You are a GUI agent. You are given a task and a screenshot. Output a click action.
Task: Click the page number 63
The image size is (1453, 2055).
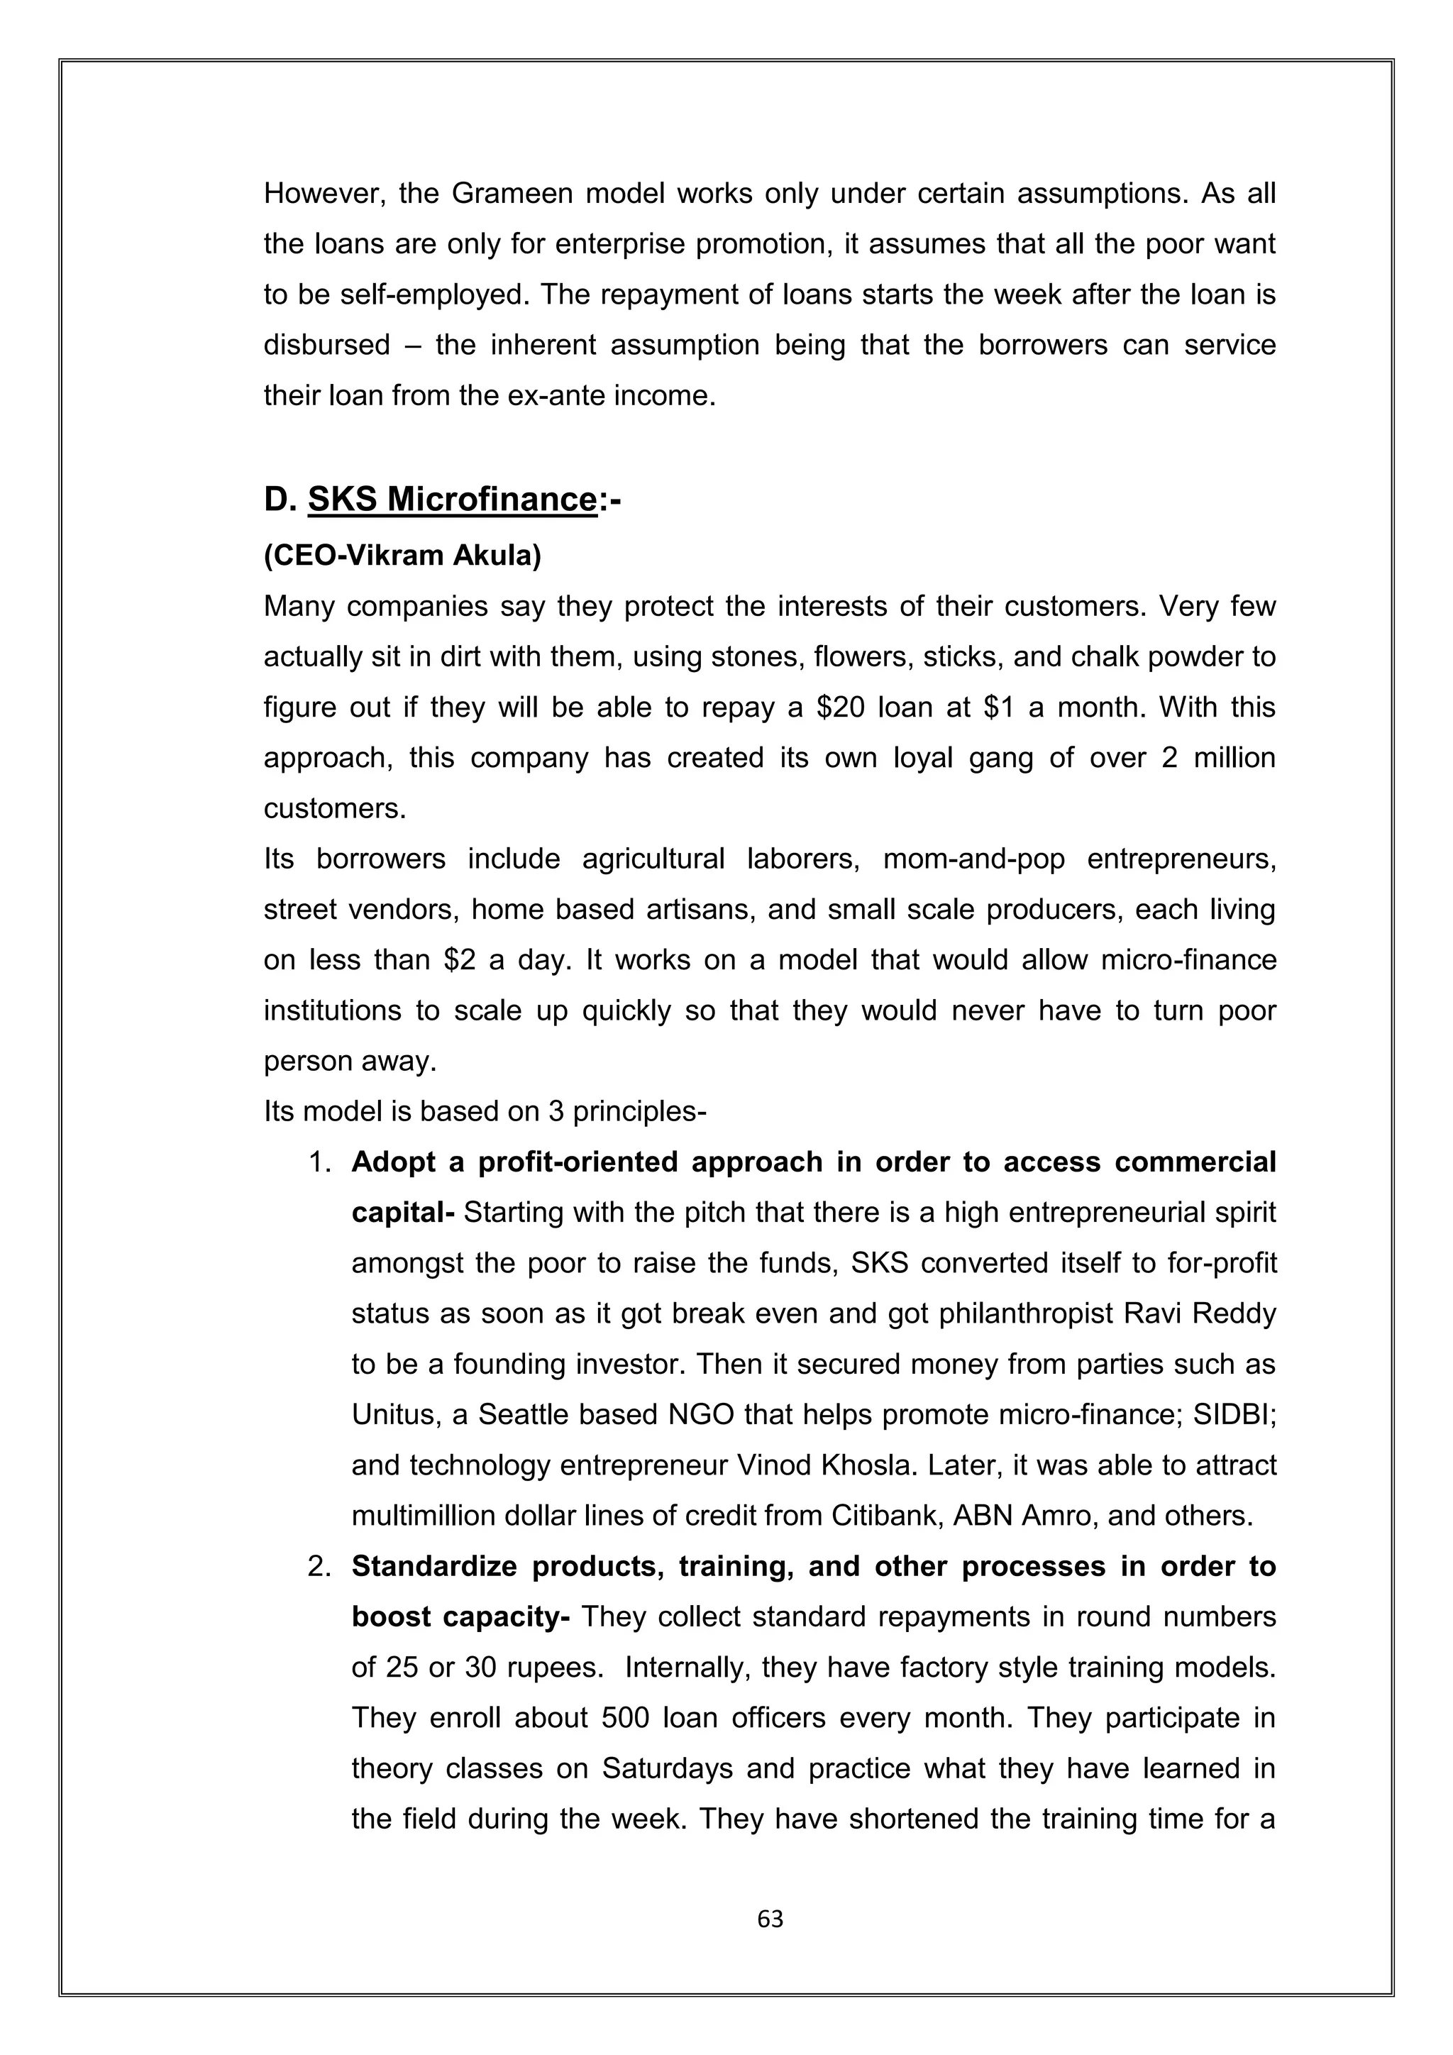[770, 1918]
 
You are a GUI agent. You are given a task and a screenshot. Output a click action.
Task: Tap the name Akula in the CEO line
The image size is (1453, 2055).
[497, 556]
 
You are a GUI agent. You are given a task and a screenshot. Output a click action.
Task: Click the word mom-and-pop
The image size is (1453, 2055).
[973, 859]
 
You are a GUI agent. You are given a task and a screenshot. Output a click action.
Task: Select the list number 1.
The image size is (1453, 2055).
[319, 1162]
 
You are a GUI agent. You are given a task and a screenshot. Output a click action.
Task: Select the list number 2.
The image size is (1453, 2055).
[319, 1566]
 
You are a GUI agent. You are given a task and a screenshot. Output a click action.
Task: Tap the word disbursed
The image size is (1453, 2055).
[326, 345]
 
